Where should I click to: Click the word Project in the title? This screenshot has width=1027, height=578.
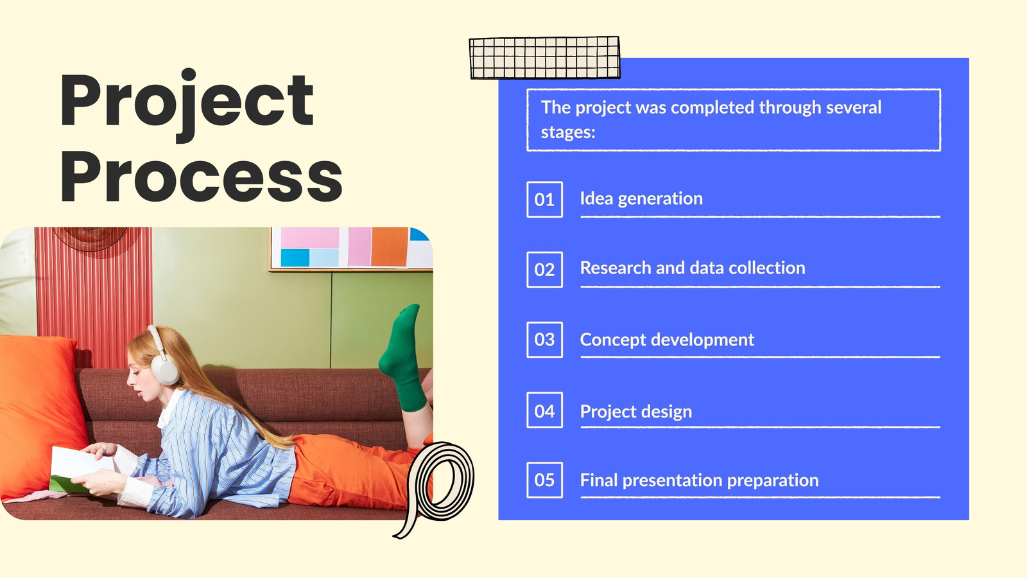click(187, 105)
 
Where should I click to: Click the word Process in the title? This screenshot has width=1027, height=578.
click(202, 177)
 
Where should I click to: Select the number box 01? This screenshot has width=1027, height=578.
click(544, 200)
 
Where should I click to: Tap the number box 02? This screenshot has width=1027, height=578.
click(544, 270)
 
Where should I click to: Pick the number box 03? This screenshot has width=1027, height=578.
click(544, 340)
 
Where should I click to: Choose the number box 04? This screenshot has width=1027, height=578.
click(544, 410)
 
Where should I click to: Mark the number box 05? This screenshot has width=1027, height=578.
click(544, 480)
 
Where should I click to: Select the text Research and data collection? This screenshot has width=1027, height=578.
click(693, 268)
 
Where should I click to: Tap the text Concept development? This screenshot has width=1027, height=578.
click(667, 340)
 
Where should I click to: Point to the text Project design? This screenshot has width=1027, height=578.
click(636, 412)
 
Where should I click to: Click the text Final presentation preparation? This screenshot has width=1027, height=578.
click(699, 481)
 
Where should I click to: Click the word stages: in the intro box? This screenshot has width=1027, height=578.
click(568, 133)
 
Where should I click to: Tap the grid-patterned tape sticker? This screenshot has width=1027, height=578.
click(545, 58)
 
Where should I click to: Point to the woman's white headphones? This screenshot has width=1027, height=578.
click(163, 356)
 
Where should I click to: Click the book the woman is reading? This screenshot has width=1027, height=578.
click(81, 469)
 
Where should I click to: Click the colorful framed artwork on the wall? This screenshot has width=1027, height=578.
click(351, 249)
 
